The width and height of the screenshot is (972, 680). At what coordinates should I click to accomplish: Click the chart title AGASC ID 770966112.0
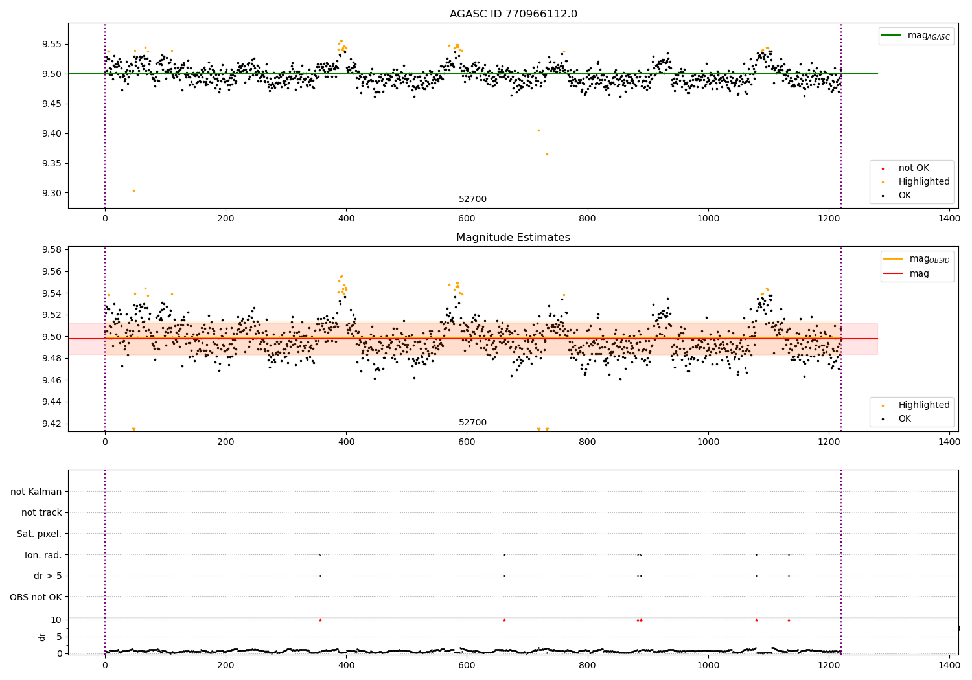(x=513, y=14)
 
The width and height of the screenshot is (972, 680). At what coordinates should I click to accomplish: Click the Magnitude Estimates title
(x=513, y=238)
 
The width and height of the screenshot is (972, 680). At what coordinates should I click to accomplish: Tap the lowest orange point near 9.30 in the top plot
(x=133, y=190)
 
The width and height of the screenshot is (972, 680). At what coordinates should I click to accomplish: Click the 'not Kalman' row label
(x=36, y=492)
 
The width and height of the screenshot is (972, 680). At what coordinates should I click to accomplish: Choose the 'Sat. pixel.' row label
(x=39, y=534)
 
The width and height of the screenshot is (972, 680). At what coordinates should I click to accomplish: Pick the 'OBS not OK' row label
(x=36, y=597)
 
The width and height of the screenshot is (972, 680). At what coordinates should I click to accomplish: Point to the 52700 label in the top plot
(x=472, y=199)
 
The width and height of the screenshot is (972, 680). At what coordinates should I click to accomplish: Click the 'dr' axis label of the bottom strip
(x=42, y=637)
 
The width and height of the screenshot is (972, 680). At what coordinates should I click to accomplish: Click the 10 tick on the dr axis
(x=56, y=620)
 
